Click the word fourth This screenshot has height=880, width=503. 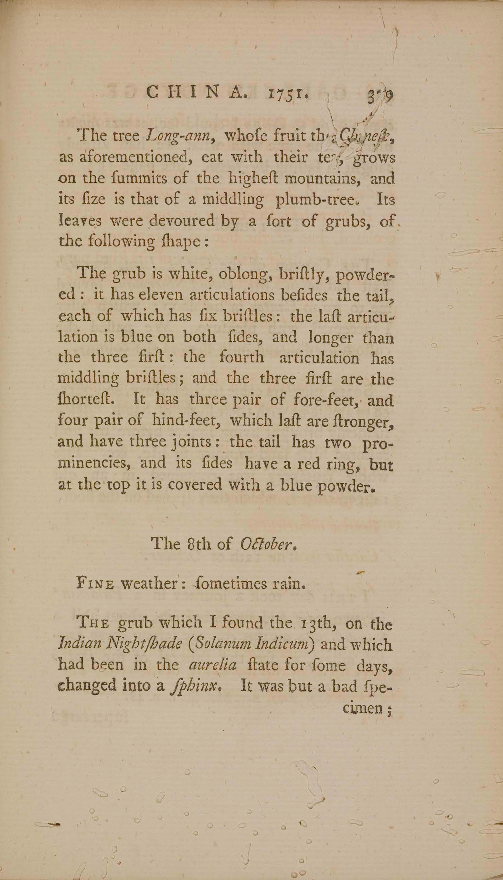241,357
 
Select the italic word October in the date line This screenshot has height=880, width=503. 267,544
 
